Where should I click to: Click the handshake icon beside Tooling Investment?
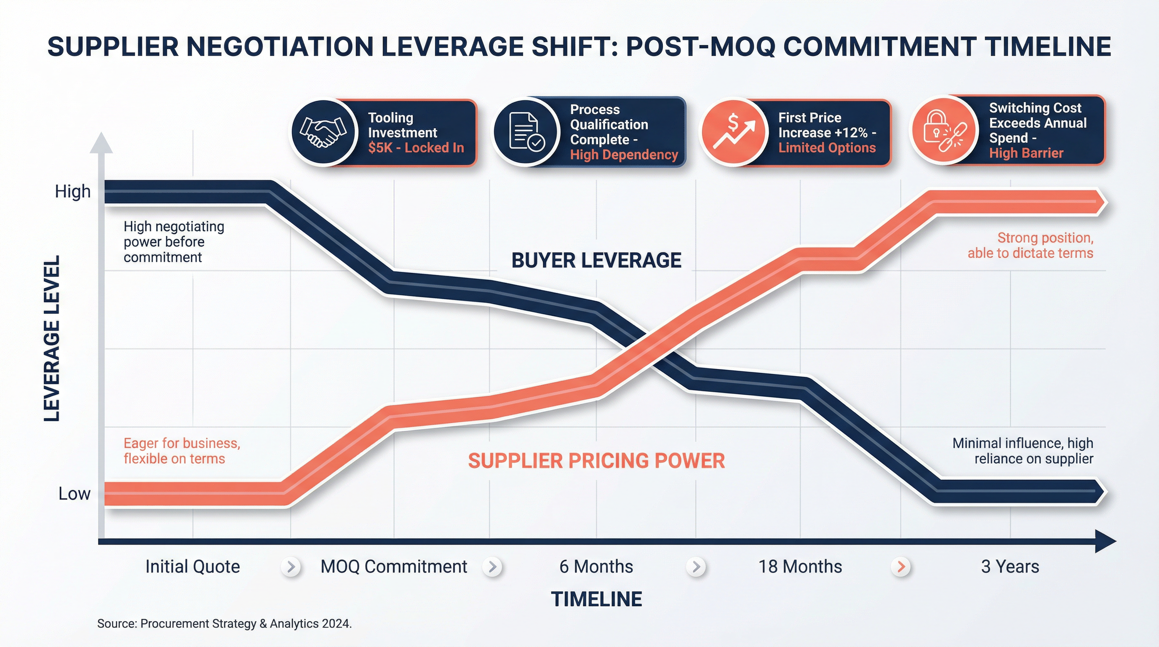pos(323,132)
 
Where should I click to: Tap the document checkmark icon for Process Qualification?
pos(526,132)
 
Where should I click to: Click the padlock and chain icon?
pos(944,131)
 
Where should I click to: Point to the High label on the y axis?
pos(72,192)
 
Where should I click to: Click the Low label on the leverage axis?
pos(74,494)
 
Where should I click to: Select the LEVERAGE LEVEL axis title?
pos(52,338)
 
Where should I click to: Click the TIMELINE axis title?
pos(596,599)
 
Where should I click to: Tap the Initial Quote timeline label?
pos(192,567)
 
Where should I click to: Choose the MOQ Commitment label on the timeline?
pos(394,567)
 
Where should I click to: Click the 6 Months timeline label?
pos(596,567)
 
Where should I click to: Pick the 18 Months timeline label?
pos(800,567)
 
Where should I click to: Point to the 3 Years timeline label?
pos(1010,567)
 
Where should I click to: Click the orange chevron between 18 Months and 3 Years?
pos(901,567)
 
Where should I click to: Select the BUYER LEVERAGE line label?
pos(596,260)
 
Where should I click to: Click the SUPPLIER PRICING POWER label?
pos(596,461)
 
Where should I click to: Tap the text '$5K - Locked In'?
pos(416,148)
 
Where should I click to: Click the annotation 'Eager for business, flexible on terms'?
pos(182,451)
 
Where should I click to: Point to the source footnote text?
pos(224,623)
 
